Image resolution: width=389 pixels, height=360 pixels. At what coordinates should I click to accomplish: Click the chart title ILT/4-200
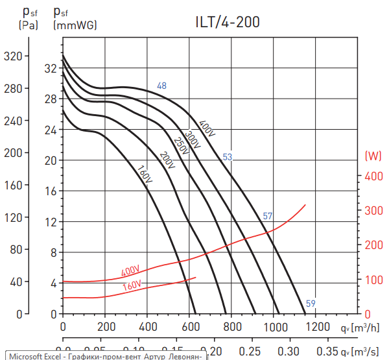pos(228,22)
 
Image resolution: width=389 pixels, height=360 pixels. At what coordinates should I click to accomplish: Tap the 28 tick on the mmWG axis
pos(51,99)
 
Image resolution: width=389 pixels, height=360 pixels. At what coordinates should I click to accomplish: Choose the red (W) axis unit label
pos(373,156)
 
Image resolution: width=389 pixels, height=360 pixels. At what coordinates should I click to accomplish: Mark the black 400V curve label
pos(206,128)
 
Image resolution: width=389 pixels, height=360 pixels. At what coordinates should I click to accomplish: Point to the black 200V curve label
pos(167,160)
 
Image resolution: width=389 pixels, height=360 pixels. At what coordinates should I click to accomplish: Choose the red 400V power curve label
pos(130,270)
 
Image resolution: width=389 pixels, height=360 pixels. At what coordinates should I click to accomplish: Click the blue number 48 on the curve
pos(161,86)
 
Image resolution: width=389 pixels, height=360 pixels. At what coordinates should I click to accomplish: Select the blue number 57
pos(268,216)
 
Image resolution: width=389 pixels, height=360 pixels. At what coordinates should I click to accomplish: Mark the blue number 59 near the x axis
pos(311,304)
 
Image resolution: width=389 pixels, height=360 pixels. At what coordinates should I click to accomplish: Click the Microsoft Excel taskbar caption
pos(104,355)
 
